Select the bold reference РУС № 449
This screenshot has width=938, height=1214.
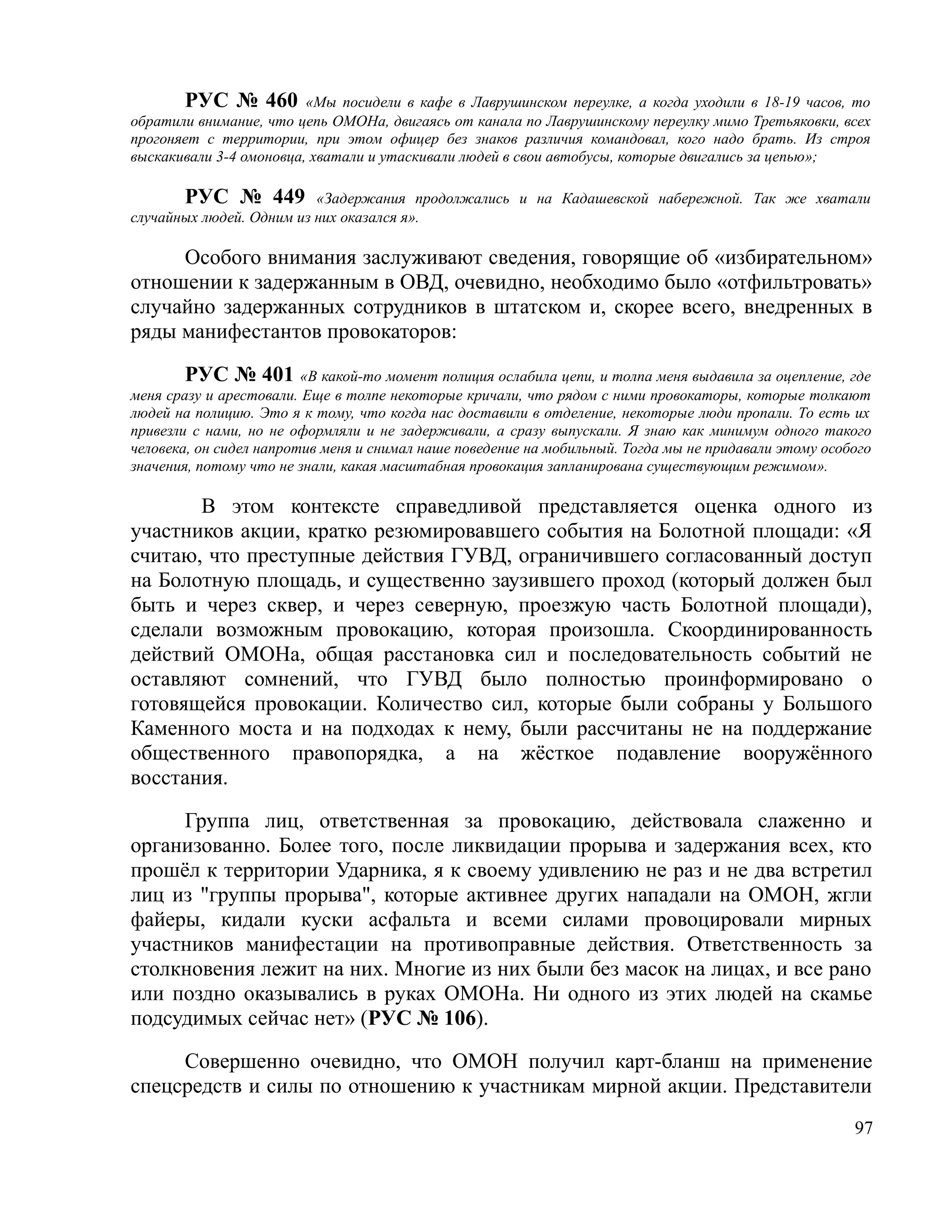245,197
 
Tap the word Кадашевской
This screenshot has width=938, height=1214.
605,199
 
